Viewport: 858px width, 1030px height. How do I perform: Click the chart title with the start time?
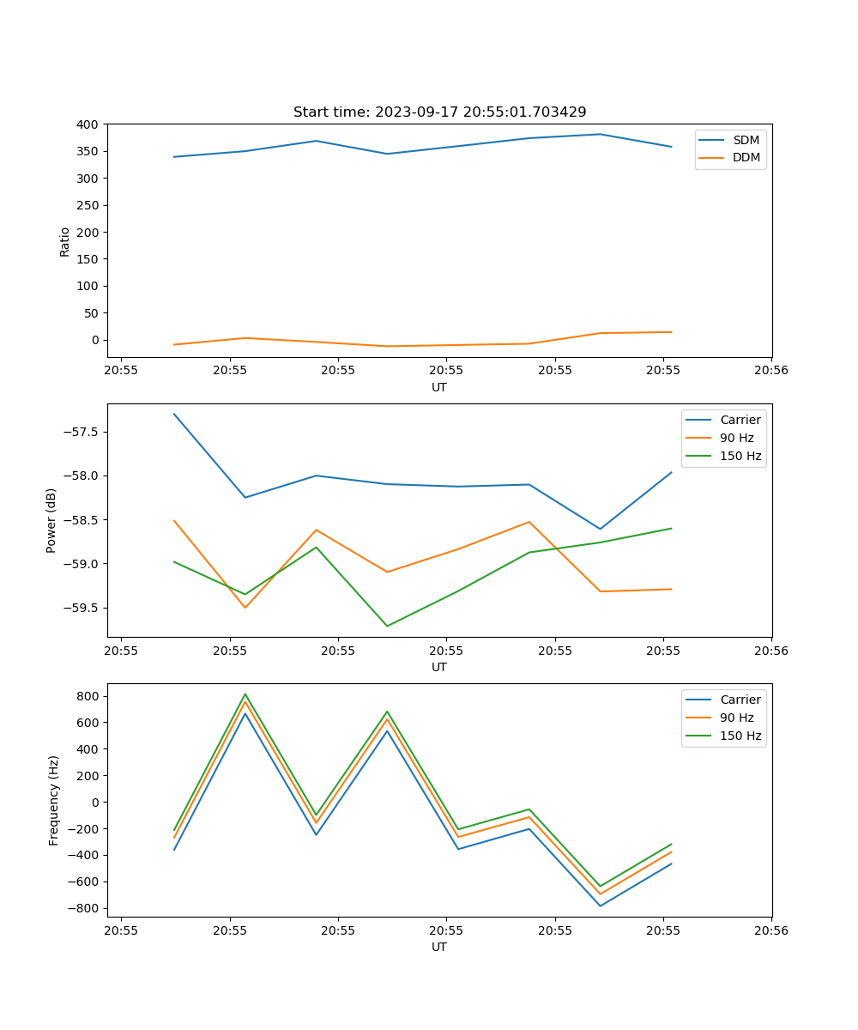(439, 112)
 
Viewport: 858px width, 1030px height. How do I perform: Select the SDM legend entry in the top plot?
(746, 140)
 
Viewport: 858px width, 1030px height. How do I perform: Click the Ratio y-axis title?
(65, 241)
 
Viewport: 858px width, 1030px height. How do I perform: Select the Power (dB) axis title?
(51, 520)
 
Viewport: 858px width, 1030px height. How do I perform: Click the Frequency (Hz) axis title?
(53, 800)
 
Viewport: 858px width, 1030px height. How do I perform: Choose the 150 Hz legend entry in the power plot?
(740, 456)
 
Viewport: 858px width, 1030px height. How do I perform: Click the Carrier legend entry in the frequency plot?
(740, 700)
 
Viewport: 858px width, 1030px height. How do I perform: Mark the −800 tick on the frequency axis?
(85, 908)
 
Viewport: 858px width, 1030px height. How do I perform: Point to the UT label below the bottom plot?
(439, 947)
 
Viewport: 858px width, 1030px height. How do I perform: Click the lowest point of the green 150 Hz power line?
(387, 626)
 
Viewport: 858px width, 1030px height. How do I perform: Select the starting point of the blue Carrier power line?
(174, 414)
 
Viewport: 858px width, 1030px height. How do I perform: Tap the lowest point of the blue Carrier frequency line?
(600, 906)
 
